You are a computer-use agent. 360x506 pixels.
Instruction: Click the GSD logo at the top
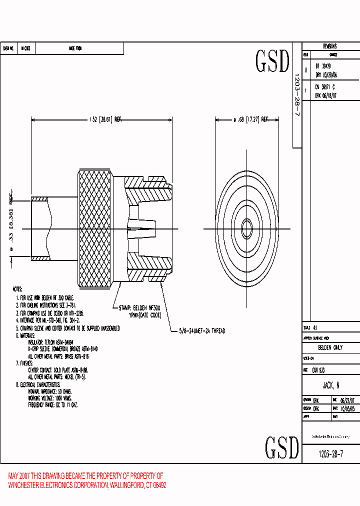272,61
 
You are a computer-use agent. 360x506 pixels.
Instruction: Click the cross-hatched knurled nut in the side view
95,228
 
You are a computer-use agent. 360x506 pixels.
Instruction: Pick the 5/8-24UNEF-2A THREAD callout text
202,331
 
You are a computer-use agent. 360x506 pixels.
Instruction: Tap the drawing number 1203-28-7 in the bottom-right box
330,454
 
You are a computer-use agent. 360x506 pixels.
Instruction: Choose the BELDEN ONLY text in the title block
330,347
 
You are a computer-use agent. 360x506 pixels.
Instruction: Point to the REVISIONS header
330,46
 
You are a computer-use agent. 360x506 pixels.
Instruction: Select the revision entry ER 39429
323,66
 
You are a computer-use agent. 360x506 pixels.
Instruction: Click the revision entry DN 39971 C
325,86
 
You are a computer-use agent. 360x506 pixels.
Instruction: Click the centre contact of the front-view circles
246,229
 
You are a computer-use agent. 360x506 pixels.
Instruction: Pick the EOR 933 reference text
318,370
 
